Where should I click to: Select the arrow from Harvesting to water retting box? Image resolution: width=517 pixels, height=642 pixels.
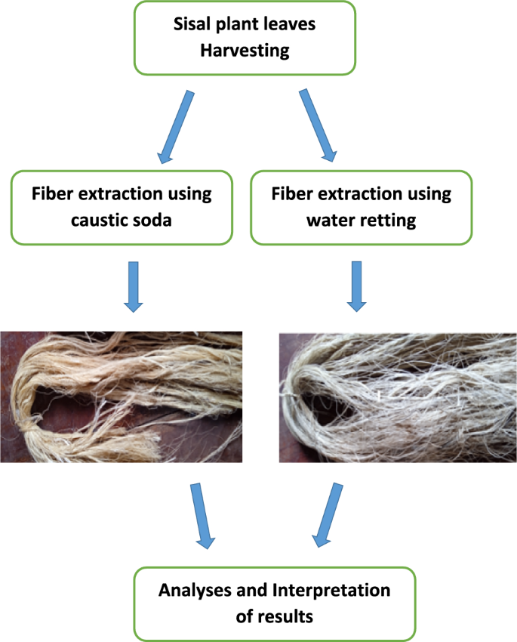click(x=318, y=125)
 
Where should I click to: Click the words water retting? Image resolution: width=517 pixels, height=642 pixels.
click(x=361, y=222)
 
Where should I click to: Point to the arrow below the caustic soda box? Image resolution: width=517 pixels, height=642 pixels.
click(x=134, y=286)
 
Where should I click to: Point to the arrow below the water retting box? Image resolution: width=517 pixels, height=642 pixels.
click(x=355, y=286)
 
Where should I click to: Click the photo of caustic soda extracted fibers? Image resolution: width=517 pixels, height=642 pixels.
click(x=121, y=396)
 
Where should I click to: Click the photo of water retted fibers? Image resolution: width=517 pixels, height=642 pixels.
click(x=398, y=396)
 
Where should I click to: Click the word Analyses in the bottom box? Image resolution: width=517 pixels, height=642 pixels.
click(x=193, y=590)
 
